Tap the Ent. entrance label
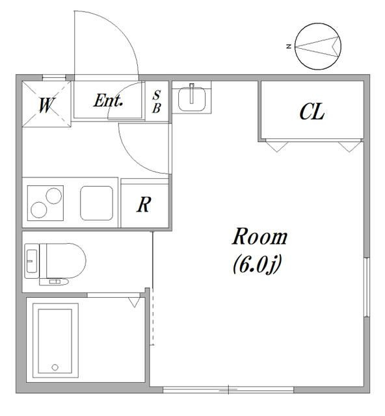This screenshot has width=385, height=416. coord(109,101)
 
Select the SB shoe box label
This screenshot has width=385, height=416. coord(157,101)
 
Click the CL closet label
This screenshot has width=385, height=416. coord(312,112)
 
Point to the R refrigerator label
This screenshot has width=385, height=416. coord(144,205)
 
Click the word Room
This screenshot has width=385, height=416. coord(259,237)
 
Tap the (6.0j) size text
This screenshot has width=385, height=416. coord(257,265)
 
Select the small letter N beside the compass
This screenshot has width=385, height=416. coord(289,47)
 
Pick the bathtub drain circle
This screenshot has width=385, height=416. coord(55,367)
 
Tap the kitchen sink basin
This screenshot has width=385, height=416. coord(97,203)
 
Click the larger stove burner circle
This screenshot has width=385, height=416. coord(39,210)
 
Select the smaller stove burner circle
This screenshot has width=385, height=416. coord(53,196)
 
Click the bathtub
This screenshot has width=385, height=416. coord(55,341)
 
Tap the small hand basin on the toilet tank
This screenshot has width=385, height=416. coord(32,261)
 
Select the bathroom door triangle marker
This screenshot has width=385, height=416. coord(134,302)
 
